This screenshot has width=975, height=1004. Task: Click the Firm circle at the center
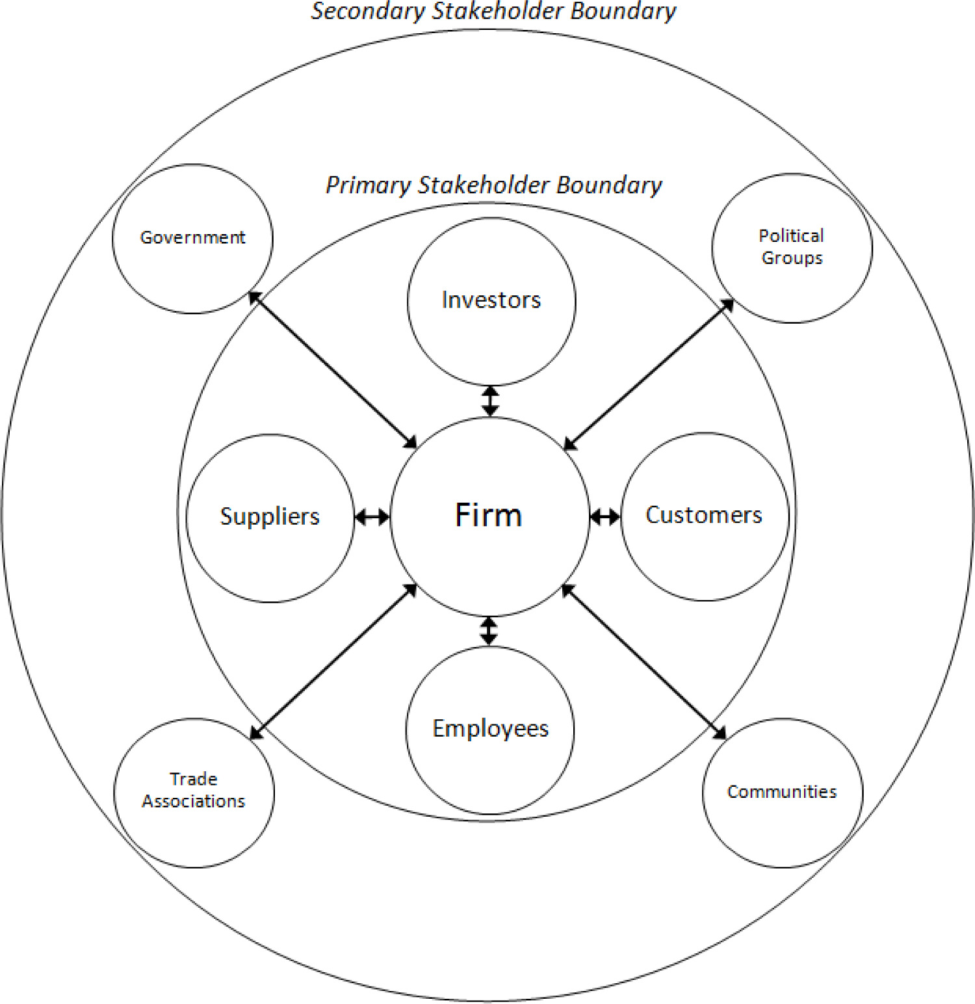[x=489, y=516]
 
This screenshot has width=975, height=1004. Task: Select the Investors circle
[x=491, y=301]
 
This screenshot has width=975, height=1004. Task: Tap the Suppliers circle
[x=270, y=518]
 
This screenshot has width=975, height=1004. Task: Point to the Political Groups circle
[x=792, y=248]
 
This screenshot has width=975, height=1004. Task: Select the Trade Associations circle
[x=194, y=793]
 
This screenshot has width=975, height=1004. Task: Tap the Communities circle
[x=783, y=793]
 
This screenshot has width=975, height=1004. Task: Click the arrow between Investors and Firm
[x=491, y=401]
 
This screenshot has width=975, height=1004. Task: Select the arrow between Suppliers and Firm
[x=372, y=518]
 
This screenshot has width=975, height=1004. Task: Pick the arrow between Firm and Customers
[x=605, y=517]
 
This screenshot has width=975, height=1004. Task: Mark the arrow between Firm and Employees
[x=489, y=631]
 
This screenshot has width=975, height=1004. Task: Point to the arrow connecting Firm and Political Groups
[x=649, y=375]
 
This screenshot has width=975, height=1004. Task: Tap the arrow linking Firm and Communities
[x=643, y=661]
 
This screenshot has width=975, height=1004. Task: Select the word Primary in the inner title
[x=368, y=185]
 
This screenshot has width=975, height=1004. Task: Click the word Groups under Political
[x=792, y=258]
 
